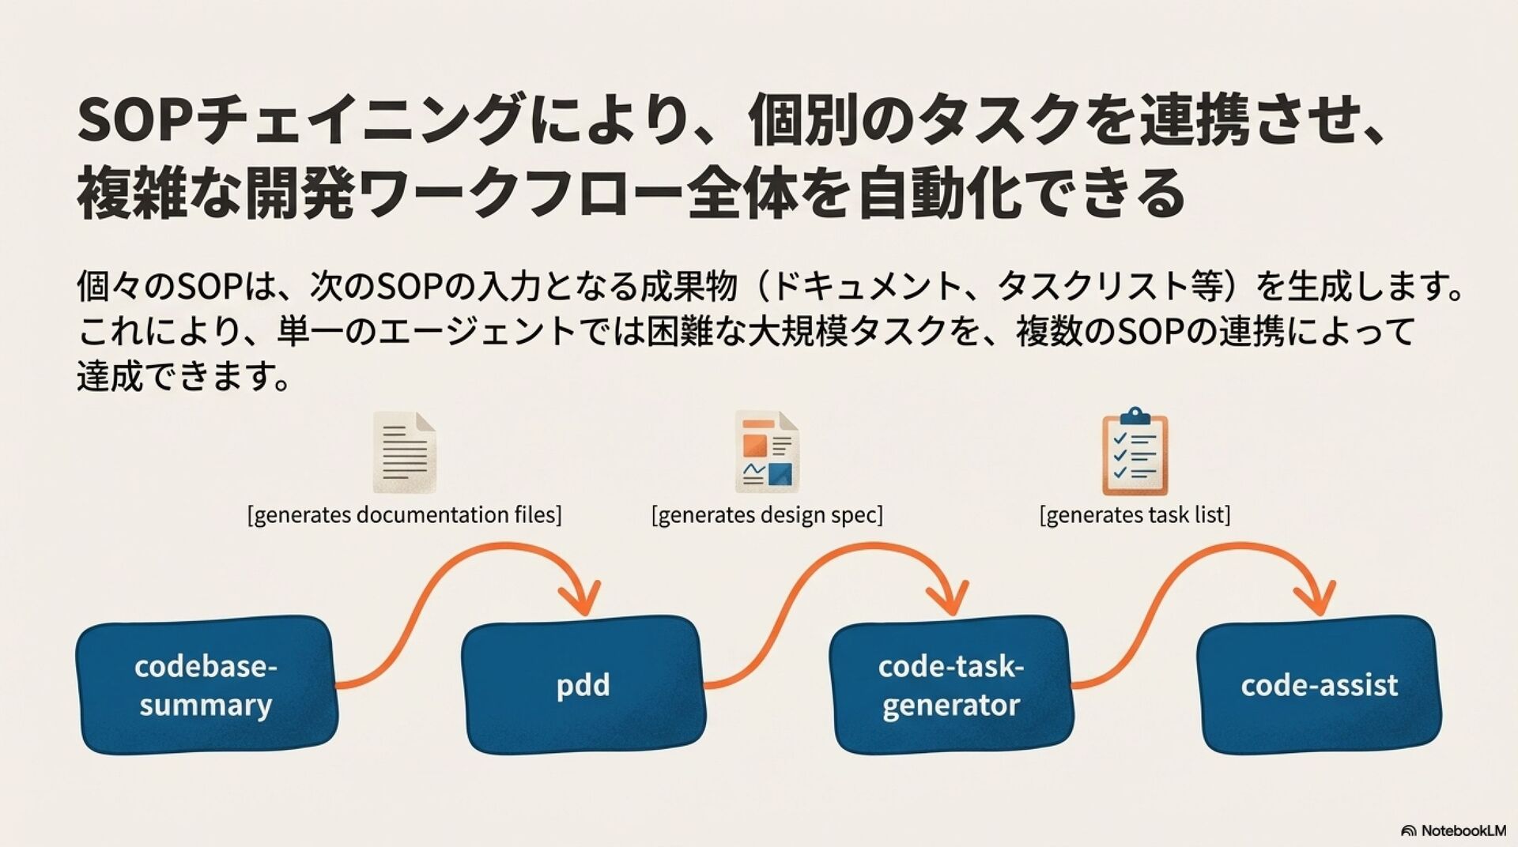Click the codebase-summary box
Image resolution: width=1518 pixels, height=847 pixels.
[206, 684]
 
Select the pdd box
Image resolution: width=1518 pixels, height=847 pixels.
[583, 684]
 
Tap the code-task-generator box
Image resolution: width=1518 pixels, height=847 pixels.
[950, 684]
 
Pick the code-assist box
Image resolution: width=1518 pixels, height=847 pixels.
[1318, 684]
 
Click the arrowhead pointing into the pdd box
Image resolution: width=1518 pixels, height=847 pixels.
[582, 598]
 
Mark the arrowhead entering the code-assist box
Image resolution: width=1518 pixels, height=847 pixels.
[1318, 598]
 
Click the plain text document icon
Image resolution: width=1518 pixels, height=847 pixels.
[404, 452]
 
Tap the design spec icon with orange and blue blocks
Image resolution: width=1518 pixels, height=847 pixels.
[766, 452]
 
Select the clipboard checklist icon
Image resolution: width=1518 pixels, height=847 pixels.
[1135, 452]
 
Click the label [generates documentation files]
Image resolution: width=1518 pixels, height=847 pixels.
[404, 515]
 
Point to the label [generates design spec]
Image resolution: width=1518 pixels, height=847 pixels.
[766, 515]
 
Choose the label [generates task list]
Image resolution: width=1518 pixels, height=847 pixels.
[1135, 515]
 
